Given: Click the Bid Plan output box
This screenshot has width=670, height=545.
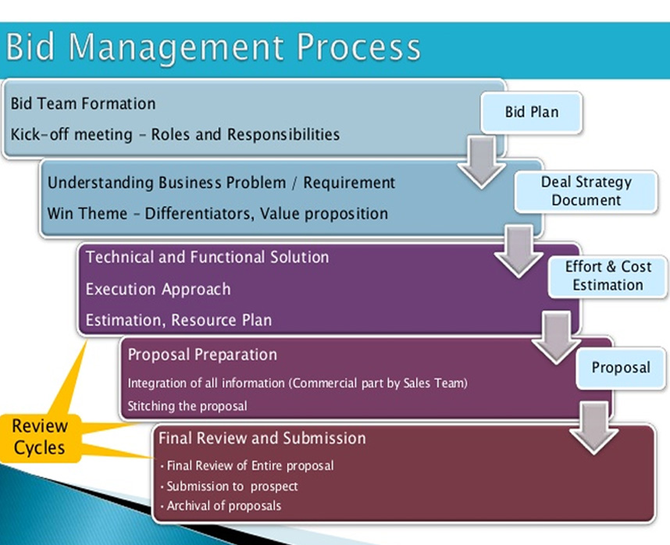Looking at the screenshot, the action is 532,112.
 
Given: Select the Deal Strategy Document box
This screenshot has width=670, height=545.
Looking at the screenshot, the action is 586,191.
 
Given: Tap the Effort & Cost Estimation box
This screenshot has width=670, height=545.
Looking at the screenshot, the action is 608,276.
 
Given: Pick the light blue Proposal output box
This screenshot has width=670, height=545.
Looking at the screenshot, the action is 621,368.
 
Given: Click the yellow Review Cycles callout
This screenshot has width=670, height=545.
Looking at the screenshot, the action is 40,437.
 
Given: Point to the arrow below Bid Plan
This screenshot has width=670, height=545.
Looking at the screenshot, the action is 482,162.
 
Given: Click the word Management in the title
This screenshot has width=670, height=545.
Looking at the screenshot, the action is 176,48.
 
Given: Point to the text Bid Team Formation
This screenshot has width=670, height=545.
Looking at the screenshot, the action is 83,104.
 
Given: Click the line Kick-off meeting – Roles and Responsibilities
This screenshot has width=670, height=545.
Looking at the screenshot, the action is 175,134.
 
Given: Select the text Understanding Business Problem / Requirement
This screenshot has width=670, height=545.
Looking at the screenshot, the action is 221,183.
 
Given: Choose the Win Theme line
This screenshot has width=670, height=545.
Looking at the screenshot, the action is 218,214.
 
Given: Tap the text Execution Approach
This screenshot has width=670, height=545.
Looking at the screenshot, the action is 158,290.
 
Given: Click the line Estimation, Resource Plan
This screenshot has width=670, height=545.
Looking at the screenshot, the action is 179,320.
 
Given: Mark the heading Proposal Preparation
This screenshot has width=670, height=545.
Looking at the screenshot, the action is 202,355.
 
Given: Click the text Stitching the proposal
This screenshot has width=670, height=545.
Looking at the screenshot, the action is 187,406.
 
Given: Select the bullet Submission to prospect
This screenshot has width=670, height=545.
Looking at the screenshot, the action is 230,486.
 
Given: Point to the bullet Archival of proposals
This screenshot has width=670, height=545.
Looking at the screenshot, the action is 221,506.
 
